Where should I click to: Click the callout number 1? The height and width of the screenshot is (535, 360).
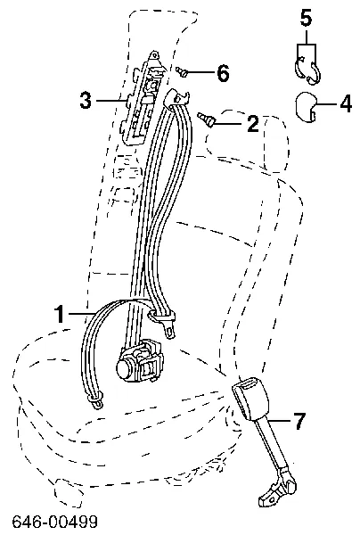[x=60, y=313]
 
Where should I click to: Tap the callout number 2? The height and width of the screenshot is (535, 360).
[x=252, y=124]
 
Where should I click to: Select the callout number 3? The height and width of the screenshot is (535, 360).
[x=86, y=101]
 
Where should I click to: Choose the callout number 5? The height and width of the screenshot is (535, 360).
[x=306, y=17]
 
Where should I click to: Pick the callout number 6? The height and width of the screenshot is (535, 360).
[x=223, y=74]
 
